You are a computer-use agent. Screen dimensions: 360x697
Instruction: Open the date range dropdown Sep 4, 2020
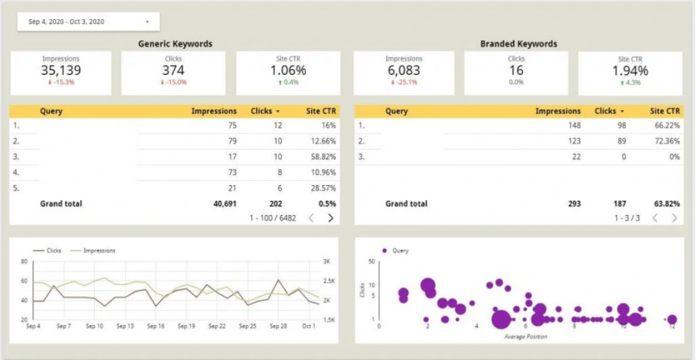click(x=88, y=22)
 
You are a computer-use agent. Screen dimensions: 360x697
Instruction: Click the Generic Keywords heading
click(x=175, y=44)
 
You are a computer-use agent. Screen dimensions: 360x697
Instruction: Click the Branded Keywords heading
click(x=518, y=44)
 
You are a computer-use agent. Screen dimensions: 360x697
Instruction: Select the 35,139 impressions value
click(x=61, y=70)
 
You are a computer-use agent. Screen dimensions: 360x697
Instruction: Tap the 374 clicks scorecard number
click(x=173, y=70)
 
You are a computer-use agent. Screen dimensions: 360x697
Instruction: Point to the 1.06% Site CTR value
click(x=288, y=70)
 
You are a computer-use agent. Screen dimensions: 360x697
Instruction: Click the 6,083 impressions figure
click(x=403, y=70)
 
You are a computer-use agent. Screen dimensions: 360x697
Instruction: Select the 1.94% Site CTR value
click(x=630, y=70)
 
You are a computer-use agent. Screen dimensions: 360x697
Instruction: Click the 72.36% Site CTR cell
click(x=665, y=141)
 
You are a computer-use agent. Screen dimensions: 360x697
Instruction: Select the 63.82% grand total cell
click(x=665, y=203)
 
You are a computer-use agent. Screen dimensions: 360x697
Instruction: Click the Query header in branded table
click(x=397, y=111)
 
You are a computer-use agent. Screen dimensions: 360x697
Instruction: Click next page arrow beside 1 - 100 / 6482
click(x=331, y=218)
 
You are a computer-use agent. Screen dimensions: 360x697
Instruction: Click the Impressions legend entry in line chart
click(x=99, y=250)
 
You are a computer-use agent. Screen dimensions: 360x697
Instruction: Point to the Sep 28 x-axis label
click(x=278, y=327)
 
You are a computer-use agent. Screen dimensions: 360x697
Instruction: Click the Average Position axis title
click(x=525, y=336)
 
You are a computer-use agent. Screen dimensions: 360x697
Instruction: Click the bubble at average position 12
click(x=672, y=319)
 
